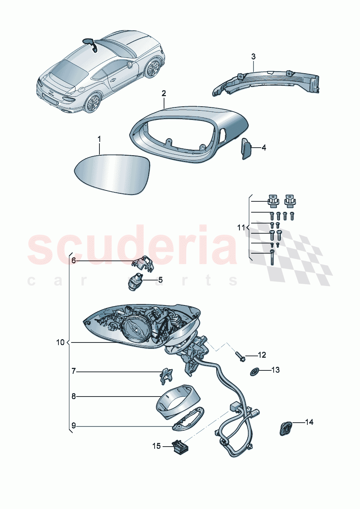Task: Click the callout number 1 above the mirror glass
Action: [99, 139]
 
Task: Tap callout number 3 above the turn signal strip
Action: [253, 57]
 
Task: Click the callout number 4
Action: [264, 148]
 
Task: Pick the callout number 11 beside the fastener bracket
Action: [241, 228]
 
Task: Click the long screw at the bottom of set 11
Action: [272, 258]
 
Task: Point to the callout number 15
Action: [156, 446]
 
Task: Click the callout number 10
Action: [60, 342]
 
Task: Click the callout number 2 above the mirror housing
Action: [164, 93]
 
